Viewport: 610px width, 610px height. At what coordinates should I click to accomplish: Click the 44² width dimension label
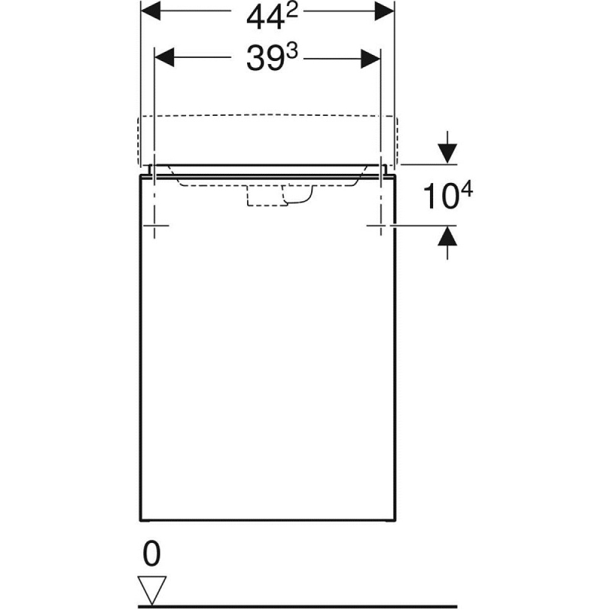click(x=267, y=16)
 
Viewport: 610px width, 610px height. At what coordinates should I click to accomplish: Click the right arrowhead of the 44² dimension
click(x=384, y=12)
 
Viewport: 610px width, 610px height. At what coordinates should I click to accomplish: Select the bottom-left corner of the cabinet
click(x=142, y=520)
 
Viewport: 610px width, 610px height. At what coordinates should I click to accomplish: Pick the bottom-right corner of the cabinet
click(x=395, y=520)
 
